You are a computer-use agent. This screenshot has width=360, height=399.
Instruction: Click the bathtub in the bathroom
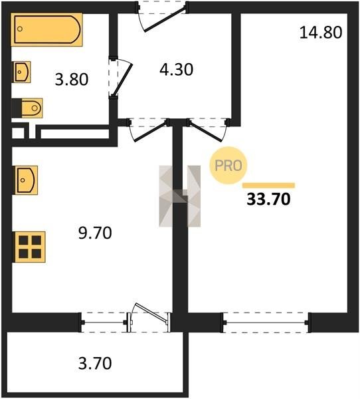[x=46, y=29]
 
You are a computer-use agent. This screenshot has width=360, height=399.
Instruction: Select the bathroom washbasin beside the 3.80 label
[x=21, y=72]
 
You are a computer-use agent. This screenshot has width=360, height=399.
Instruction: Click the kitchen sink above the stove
[x=25, y=180]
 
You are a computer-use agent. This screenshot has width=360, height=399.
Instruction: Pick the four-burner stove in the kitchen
[x=29, y=247]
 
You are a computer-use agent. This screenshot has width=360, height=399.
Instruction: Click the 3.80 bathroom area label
[x=72, y=79]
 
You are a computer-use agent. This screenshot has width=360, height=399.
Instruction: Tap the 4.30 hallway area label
[x=177, y=69]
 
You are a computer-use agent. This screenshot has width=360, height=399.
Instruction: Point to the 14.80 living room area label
[x=321, y=33]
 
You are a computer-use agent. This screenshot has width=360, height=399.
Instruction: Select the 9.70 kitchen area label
[x=95, y=233]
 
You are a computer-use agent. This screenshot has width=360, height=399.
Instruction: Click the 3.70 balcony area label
[x=95, y=363]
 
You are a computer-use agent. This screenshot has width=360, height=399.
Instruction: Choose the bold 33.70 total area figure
[x=268, y=199]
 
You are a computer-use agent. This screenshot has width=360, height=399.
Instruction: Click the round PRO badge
[x=228, y=166]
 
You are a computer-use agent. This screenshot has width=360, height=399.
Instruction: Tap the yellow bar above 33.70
[x=268, y=186]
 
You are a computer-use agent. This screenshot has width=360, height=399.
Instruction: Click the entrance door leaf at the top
[x=164, y=19]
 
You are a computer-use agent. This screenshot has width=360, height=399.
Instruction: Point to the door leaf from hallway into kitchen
[x=150, y=131]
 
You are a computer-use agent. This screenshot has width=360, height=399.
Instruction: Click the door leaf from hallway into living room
[x=205, y=131]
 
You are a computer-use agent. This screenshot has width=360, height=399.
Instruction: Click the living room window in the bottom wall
[x=266, y=323]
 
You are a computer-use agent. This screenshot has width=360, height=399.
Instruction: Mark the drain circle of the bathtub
[x=20, y=29]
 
